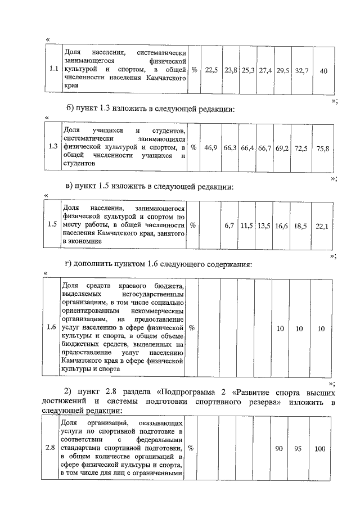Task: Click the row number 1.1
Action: tap(54, 70)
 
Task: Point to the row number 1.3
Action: tap(54, 147)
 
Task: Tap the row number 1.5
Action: tap(53, 224)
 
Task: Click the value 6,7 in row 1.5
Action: tap(229, 225)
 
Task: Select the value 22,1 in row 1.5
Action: tap(322, 226)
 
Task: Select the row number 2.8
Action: tap(50, 448)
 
